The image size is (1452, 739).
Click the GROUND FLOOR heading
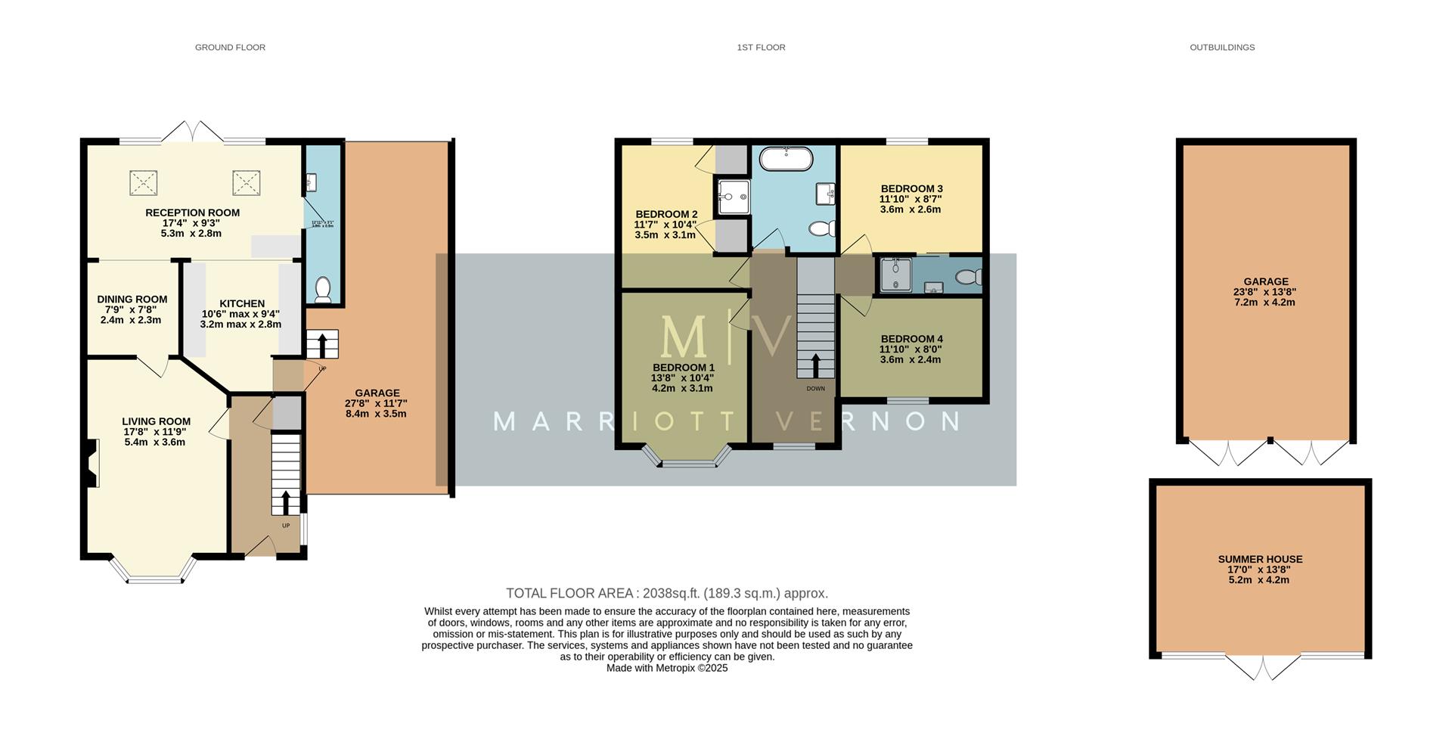(230, 47)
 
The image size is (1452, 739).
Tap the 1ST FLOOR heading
(761, 47)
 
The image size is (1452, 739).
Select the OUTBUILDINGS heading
(1221, 47)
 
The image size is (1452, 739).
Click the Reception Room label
(192, 213)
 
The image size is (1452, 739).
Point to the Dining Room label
(132, 300)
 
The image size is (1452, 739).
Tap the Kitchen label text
(242, 303)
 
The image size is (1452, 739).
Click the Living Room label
(156, 421)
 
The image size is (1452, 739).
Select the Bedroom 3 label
(911, 188)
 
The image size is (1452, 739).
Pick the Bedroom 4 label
(911, 339)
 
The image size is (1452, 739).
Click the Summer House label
(1259, 560)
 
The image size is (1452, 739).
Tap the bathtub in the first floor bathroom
(786, 159)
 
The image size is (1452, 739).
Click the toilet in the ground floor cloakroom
(323, 290)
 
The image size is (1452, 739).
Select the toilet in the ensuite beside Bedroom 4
(968, 277)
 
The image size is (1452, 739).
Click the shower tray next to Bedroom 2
(733, 197)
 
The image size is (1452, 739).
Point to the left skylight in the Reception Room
(143, 182)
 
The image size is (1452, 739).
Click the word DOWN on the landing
(815, 389)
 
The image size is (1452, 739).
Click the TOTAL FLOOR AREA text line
(666, 594)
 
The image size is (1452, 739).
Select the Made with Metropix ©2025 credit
(666, 669)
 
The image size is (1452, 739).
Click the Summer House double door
(1261, 667)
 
